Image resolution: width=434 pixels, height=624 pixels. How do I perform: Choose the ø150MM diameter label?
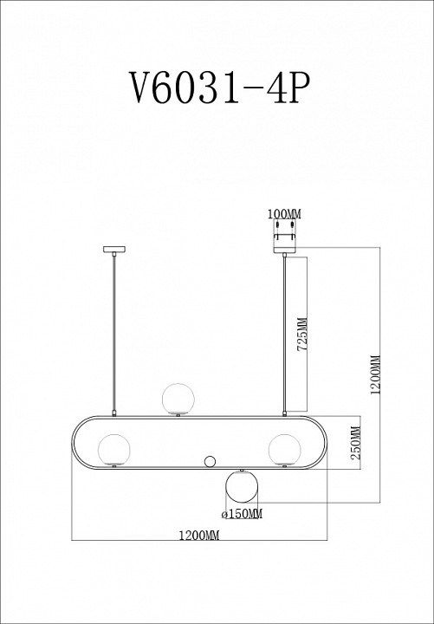241,515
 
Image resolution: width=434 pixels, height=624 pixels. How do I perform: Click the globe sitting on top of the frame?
178,398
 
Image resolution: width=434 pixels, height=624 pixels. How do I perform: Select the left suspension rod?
114,334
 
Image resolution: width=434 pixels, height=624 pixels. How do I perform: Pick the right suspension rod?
286,334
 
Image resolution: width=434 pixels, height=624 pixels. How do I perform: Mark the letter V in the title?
141,87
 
